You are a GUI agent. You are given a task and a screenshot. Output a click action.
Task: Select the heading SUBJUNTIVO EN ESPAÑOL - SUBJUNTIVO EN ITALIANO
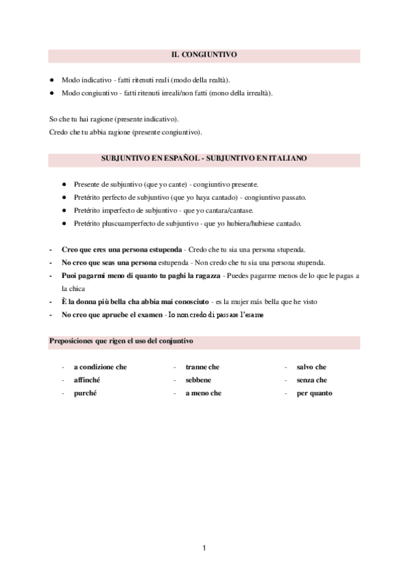click(204, 158)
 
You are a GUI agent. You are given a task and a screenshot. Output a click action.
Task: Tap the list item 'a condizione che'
click(100, 367)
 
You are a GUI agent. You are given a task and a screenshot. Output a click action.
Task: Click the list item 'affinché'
click(89, 380)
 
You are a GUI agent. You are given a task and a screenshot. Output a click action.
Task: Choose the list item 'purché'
click(86, 393)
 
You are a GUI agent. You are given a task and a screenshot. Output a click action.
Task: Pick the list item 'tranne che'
click(202, 367)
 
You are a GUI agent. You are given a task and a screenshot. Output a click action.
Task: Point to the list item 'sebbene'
click(198, 380)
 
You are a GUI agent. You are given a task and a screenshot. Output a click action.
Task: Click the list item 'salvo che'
click(312, 367)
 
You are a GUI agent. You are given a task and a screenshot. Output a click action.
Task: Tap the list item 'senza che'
click(312, 380)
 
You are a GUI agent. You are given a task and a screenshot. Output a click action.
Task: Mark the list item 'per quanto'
click(315, 393)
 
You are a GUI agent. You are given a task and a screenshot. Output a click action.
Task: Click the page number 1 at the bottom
click(204, 547)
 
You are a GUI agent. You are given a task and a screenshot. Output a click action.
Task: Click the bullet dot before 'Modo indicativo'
click(52, 80)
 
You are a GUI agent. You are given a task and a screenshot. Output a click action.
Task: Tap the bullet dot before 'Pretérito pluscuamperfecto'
click(63, 224)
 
